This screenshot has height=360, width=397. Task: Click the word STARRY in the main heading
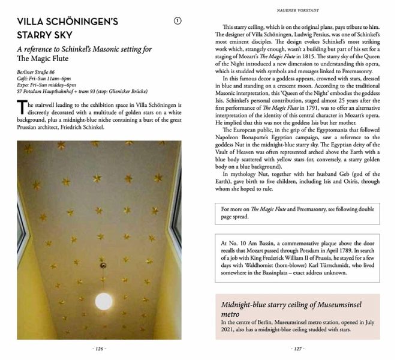click(37, 37)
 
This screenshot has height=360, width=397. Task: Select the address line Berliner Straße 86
click(40, 73)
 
